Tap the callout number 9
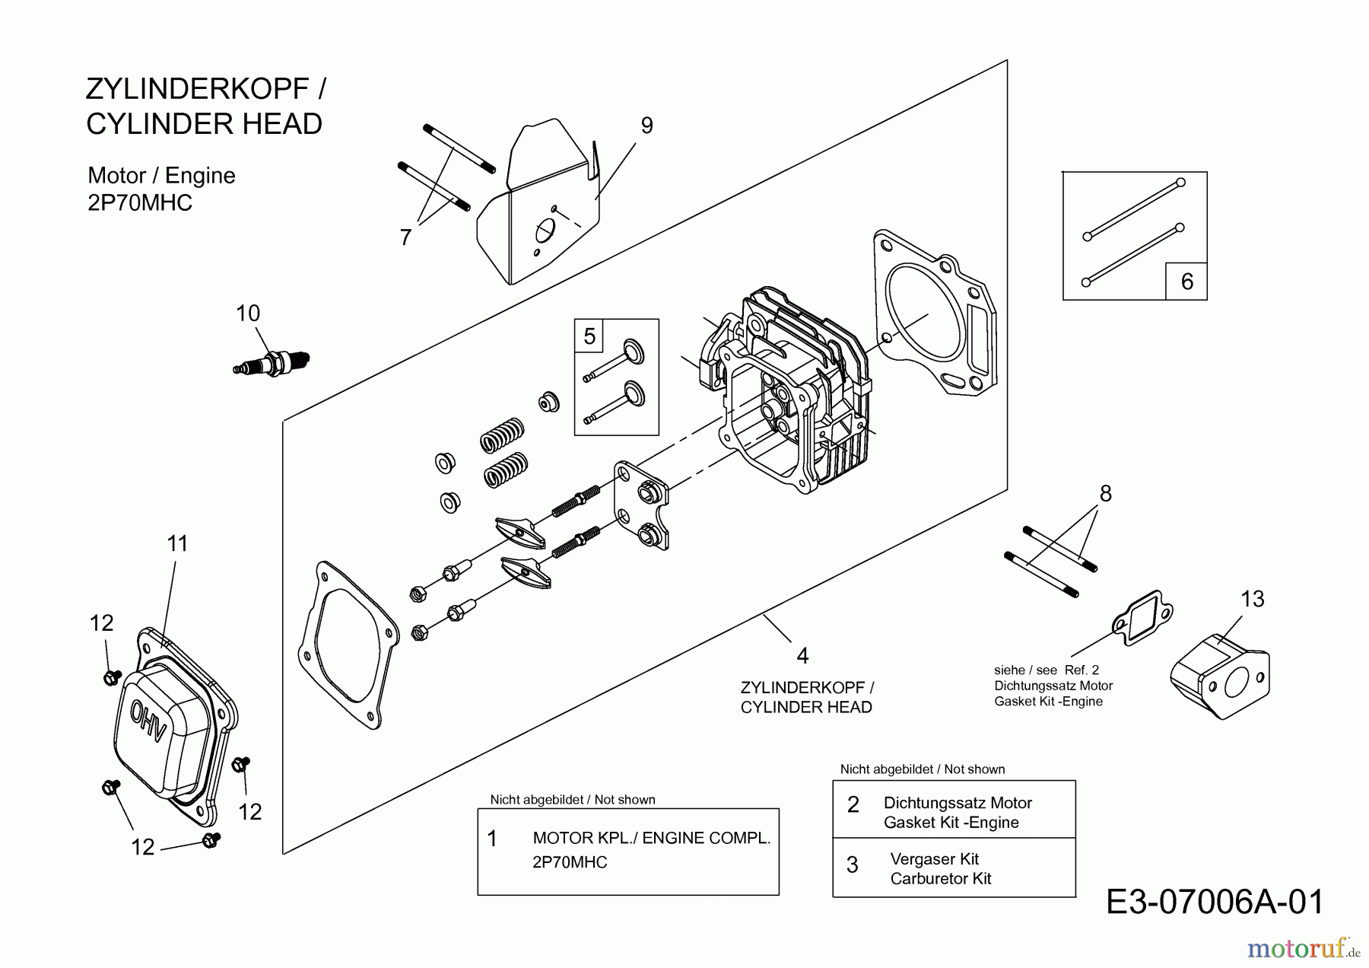(x=646, y=126)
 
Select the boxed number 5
(x=589, y=336)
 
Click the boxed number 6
(x=1186, y=282)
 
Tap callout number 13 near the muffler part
(x=1253, y=600)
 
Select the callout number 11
(x=177, y=543)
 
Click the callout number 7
(x=405, y=238)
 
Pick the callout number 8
(x=1105, y=494)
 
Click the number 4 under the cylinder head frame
(x=802, y=655)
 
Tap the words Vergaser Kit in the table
(x=934, y=859)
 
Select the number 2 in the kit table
(x=853, y=804)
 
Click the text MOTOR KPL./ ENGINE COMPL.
(x=651, y=838)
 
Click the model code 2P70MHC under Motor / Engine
(x=140, y=203)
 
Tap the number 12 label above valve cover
(x=101, y=623)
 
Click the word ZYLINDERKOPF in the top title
(x=197, y=89)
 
